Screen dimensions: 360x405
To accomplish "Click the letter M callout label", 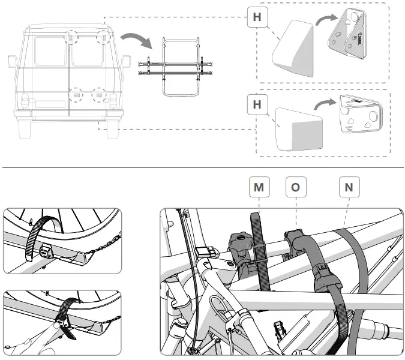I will pyautogui.click(x=259, y=187).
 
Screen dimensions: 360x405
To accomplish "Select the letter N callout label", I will pyautogui.click(x=349, y=187).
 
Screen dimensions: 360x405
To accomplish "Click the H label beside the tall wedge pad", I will pyautogui.click(x=257, y=17).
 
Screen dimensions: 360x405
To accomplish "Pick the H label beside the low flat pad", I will pyautogui.click(x=257, y=106).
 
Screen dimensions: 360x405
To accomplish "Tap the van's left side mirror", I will pyautogui.click(x=12, y=62).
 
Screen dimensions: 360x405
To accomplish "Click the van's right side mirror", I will pyautogui.click(x=127, y=62).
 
